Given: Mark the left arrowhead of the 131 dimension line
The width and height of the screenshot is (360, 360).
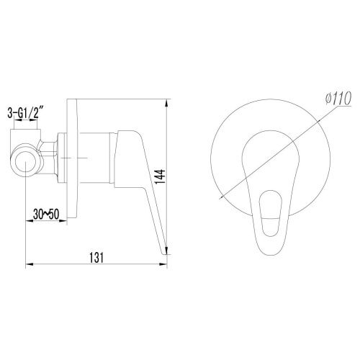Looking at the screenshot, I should [28, 266].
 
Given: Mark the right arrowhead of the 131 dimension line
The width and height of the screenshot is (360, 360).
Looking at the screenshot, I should [166, 266].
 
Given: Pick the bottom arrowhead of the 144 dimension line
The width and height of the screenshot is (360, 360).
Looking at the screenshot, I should [168, 253].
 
